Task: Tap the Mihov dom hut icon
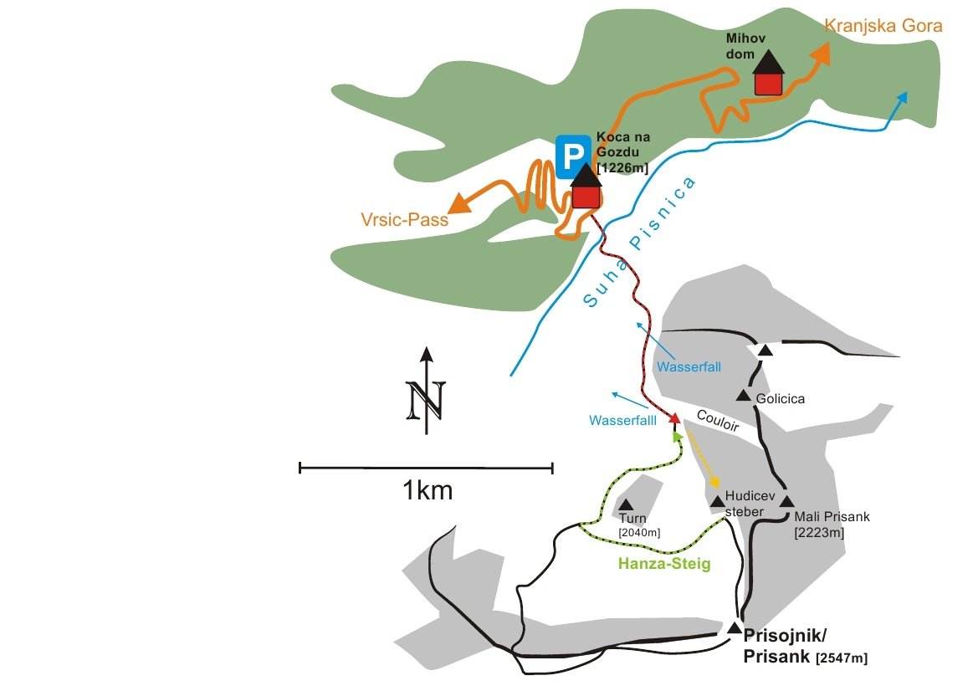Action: click(768, 74)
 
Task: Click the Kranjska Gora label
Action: click(883, 26)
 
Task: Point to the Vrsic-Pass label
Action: click(398, 221)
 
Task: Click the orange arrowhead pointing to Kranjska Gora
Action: click(822, 53)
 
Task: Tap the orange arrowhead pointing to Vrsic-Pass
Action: click(459, 204)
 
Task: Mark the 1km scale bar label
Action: click(428, 490)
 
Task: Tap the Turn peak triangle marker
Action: click(626, 504)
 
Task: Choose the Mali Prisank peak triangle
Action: click(786, 501)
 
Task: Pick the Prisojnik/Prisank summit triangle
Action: click(734, 627)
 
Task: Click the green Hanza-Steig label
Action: click(664, 564)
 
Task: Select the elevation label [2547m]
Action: click(842, 658)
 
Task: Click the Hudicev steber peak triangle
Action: click(717, 501)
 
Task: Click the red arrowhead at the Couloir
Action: click(673, 418)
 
